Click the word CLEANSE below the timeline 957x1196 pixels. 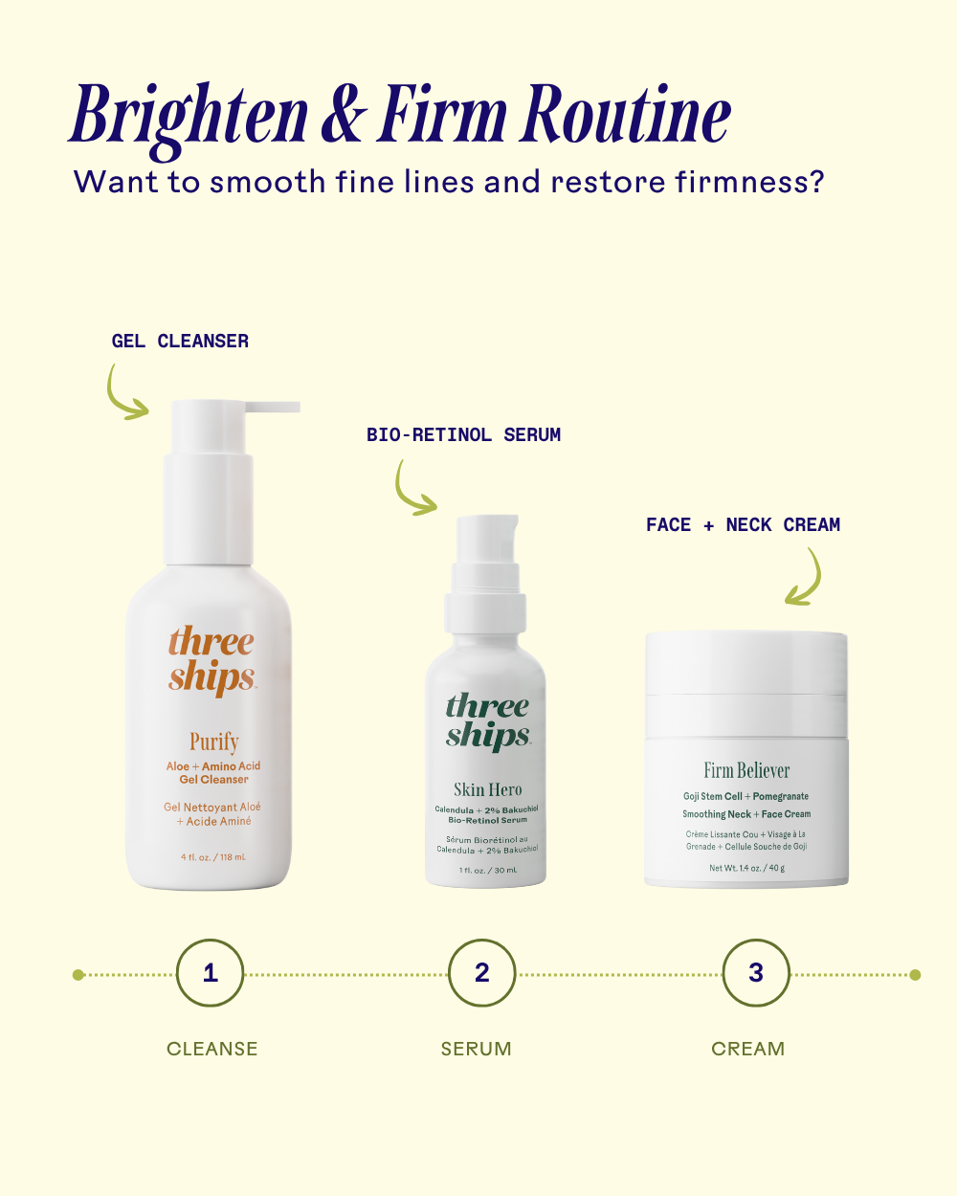tap(211, 1049)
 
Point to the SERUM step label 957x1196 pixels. tap(476, 1049)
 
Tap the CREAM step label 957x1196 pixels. tap(748, 1049)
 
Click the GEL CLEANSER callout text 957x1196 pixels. tap(180, 341)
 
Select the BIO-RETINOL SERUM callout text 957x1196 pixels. tap(463, 434)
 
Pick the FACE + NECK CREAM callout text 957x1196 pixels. tap(743, 524)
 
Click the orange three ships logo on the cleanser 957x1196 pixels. tap(211, 660)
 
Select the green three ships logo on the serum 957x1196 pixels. tap(488, 721)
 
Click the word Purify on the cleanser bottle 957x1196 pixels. tap(214, 742)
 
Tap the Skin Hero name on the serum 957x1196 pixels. tap(488, 789)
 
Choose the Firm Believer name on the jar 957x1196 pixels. tap(746, 770)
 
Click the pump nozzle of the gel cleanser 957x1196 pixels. tap(273, 407)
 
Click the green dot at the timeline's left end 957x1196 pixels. tap(78, 975)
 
